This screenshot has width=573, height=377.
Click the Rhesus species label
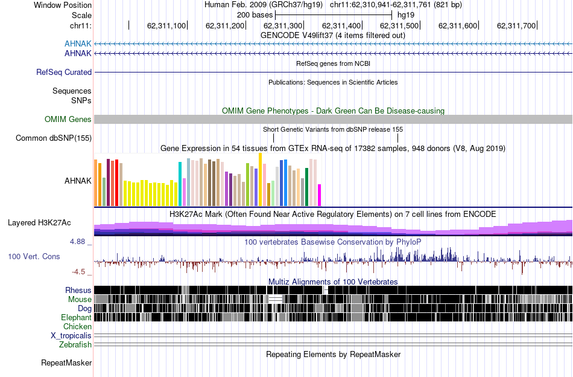point(78,291)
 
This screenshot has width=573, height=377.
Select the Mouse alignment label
point(80,300)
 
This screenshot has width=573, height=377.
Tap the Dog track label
point(84,309)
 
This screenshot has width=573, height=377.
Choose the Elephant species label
point(76,318)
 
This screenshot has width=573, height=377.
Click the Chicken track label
point(77,327)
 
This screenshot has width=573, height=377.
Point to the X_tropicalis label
point(71,336)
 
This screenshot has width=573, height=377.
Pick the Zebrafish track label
point(75,345)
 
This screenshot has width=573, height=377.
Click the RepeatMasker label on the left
point(66,363)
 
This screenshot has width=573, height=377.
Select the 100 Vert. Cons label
point(34,257)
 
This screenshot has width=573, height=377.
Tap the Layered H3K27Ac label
point(39,223)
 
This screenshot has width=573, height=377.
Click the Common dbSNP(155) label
point(54,138)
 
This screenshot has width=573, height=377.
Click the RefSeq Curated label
point(64,72)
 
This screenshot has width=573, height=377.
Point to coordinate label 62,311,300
point(283,26)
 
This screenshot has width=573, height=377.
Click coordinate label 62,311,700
point(516,26)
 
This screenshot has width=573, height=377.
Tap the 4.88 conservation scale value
point(78,242)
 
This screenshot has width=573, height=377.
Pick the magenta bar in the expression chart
point(320,195)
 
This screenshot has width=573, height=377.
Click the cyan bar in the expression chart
point(180,184)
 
